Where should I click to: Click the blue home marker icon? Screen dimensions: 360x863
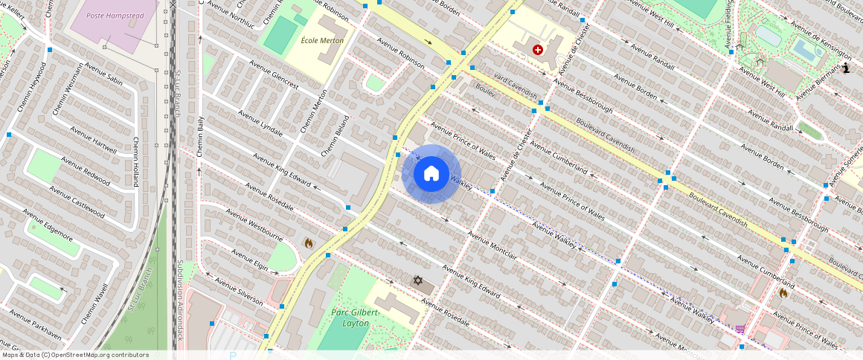coord(431,174)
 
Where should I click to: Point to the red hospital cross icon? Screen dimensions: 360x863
coord(538,50)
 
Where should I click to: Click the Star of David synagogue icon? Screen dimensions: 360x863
coord(418,280)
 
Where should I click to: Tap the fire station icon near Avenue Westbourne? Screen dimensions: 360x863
coord(309,243)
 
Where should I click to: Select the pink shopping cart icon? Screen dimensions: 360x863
coord(740,330)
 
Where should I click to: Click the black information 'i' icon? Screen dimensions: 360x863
coord(847,68)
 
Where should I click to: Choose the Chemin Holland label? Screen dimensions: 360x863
coord(136,161)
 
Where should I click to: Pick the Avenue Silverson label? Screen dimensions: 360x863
coord(239,292)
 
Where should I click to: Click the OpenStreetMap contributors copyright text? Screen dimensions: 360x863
coord(74,355)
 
